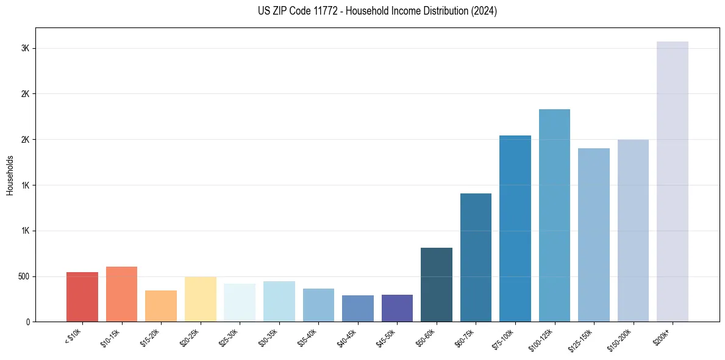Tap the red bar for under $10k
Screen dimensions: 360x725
[82, 297]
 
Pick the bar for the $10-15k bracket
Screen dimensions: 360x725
[121, 294]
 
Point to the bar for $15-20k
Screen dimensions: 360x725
[161, 306]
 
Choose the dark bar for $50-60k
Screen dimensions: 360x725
[437, 284]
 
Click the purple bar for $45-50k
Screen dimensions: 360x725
[397, 308]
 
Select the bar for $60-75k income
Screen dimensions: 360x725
[476, 257]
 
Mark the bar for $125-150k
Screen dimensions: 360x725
[594, 235]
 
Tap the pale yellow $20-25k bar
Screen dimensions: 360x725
[200, 299]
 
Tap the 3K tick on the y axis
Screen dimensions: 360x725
[25, 48]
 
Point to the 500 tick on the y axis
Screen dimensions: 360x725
[23, 276]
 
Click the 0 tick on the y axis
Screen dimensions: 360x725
[27, 322]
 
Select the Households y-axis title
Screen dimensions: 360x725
[10, 175]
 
